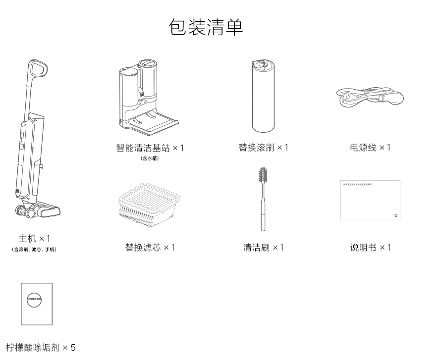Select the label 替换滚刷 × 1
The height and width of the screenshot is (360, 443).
(x=263, y=148)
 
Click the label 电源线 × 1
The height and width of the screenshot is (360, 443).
(x=370, y=148)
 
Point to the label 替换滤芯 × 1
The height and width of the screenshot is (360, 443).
(x=150, y=247)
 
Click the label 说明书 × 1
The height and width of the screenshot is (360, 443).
(x=370, y=247)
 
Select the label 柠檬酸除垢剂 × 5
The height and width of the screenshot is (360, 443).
(x=41, y=348)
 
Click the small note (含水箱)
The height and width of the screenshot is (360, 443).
(x=149, y=158)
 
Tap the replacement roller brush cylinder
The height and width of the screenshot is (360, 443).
(x=263, y=99)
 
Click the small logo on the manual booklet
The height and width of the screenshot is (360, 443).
(x=395, y=216)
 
